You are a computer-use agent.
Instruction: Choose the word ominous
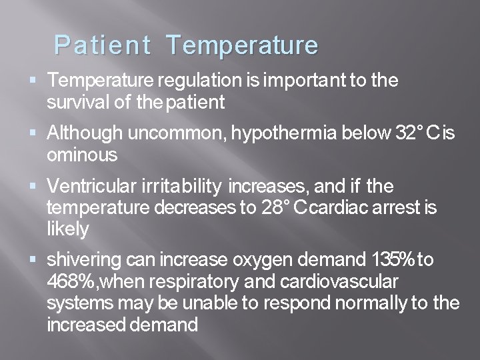(83, 155)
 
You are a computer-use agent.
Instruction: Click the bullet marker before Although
(35, 133)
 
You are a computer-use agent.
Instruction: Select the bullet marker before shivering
(35, 260)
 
